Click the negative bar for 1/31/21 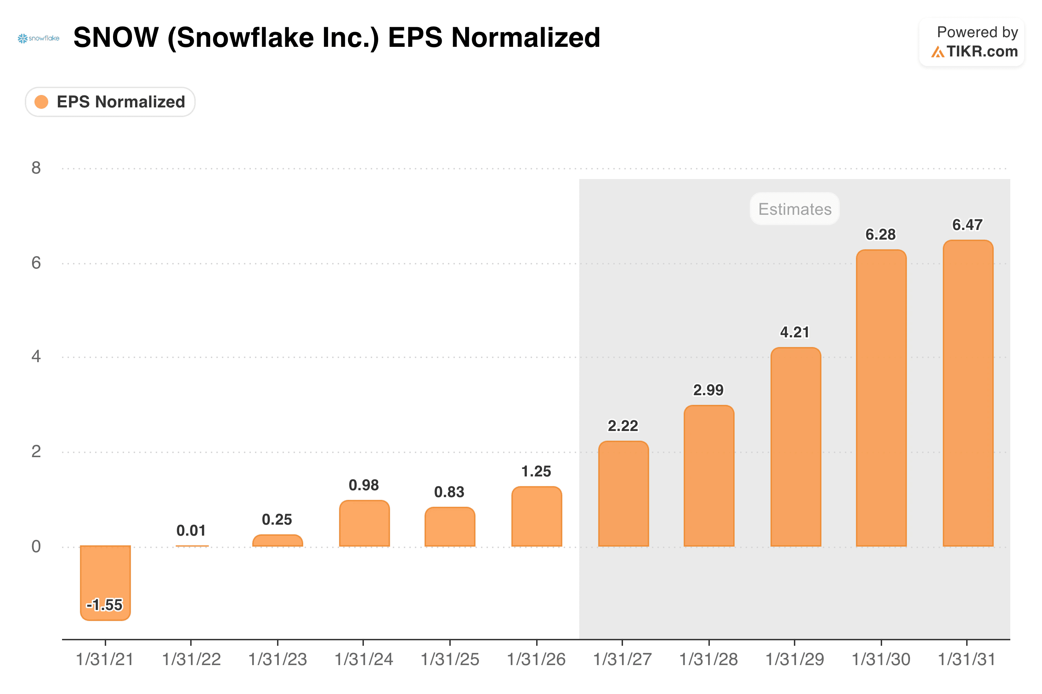tap(105, 583)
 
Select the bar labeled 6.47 tap(968, 393)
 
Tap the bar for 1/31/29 tap(796, 447)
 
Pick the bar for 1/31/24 tap(364, 523)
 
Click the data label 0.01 tap(191, 530)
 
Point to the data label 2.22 tap(623, 426)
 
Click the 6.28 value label tap(881, 234)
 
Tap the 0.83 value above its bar tap(449, 492)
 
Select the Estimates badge tap(795, 209)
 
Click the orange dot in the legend tap(41, 102)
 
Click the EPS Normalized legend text tap(121, 102)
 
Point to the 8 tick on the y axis tap(36, 168)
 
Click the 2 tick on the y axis tap(36, 451)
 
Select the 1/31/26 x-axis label tap(536, 660)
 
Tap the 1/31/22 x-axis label tap(191, 660)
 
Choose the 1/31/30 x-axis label tap(881, 660)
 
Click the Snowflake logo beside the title tap(39, 39)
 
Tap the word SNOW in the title tap(116, 37)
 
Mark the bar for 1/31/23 tap(278, 540)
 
